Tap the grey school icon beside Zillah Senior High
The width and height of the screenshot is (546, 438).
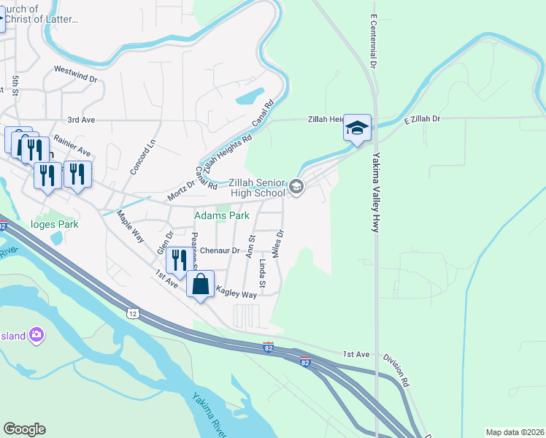[x=296, y=188]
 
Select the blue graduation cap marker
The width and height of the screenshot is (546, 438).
[x=358, y=128]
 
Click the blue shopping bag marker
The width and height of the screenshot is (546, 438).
[x=201, y=285]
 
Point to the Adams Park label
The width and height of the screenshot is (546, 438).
[x=221, y=215]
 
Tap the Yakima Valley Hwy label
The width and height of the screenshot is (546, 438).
[x=376, y=193]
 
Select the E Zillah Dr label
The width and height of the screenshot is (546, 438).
[x=424, y=118]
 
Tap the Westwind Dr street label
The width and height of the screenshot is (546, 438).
[x=76, y=71]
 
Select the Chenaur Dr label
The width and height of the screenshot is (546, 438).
[x=220, y=250]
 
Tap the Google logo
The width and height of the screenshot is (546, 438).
[x=25, y=429]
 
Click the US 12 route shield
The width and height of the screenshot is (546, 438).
[x=131, y=313]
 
